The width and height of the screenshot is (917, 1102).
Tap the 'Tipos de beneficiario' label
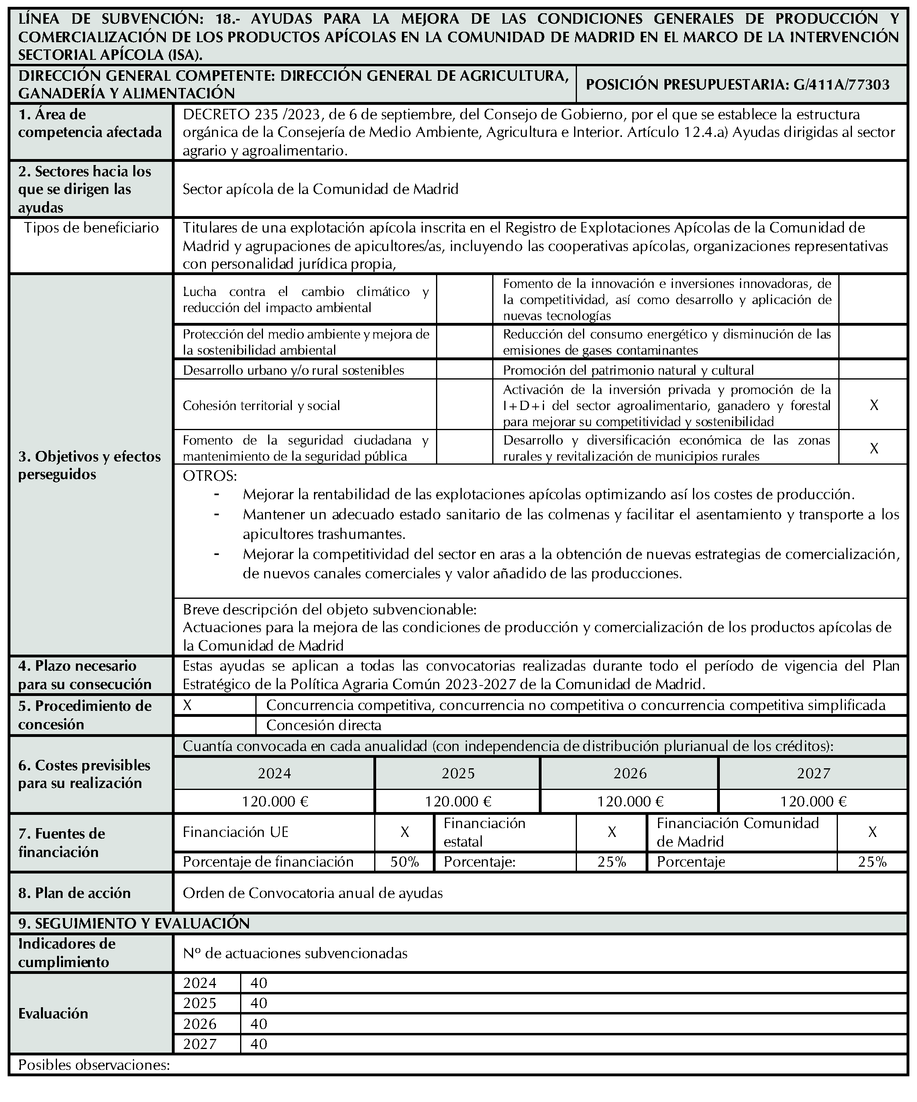click(x=91, y=228)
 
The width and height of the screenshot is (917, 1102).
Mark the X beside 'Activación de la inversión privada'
click(x=874, y=405)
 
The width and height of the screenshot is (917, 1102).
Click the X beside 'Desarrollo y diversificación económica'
click(x=874, y=448)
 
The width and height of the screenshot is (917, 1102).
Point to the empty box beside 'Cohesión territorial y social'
click(x=464, y=405)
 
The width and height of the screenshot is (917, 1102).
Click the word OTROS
click(x=209, y=476)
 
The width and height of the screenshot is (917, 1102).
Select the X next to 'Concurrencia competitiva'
click(x=187, y=705)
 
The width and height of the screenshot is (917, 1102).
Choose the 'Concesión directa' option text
click(x=323, y=725)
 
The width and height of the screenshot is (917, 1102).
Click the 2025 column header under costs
click(x=457, y=773)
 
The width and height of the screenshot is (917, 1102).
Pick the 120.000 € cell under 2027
click(x=813, y=801)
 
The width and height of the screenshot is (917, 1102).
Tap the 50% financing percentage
click(x=404, y=862)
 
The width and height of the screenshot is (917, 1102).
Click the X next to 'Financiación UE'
click(x=404, y=832)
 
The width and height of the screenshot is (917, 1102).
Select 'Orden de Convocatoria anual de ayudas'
click(x=313, y=893)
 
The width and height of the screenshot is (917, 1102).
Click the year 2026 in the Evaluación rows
click(x=200, y=1024)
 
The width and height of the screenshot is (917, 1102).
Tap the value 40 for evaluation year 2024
click(x=259, y=983)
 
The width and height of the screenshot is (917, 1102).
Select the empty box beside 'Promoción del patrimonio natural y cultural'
click(x=874, y=370)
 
